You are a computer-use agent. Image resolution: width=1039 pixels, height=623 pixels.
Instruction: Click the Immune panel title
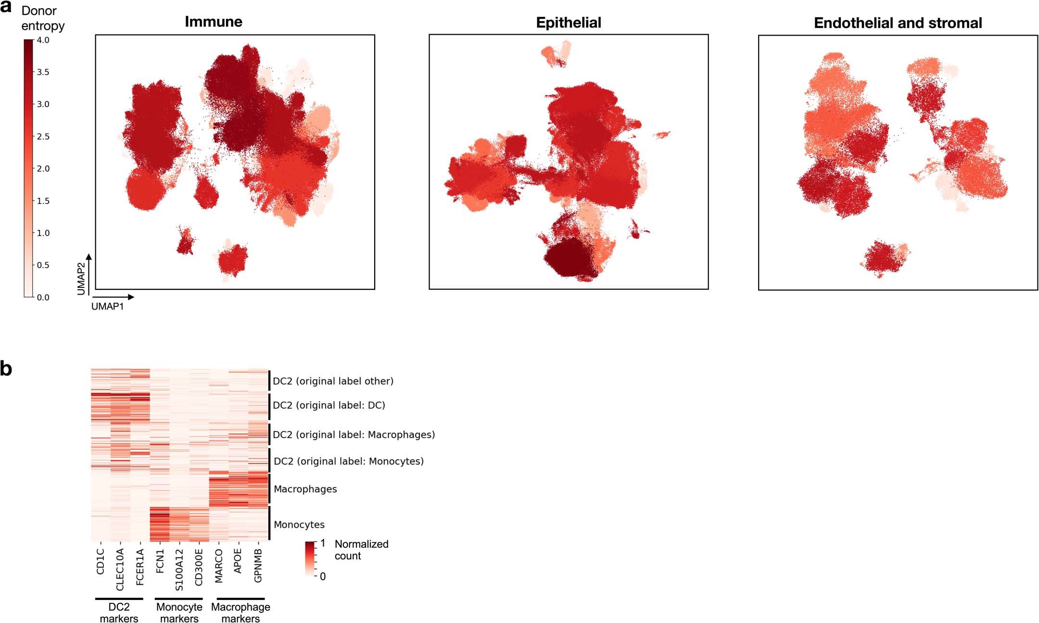click(x=213, y=22)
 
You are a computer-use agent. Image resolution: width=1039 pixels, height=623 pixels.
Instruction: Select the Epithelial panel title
click(x=568, y=23)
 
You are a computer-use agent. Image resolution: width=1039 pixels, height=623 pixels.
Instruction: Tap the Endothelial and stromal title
click(x=898, y=23)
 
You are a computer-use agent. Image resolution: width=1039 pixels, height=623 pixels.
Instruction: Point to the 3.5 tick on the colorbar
click(x=43, y=72)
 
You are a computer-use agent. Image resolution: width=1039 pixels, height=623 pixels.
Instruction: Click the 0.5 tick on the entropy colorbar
click(x=43, y=265)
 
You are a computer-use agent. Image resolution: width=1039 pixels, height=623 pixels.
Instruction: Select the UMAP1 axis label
click(x=107, y=307)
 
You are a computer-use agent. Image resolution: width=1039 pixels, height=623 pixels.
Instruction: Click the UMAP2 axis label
click(x=81, y=278)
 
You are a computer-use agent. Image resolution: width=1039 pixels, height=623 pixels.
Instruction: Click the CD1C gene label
click(x=101, y=561)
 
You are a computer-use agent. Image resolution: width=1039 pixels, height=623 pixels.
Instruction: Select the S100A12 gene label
click(x=179, y=570)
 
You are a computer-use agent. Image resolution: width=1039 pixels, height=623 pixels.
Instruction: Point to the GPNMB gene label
click(x=258, y=566)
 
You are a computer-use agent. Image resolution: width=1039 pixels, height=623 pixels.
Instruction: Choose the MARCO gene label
click(x=219, y=566)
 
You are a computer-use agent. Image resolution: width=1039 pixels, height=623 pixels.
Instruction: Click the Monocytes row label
click(x=299, y=525)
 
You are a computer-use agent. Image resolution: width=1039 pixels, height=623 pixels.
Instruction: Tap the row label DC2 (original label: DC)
click(x=329, y=405)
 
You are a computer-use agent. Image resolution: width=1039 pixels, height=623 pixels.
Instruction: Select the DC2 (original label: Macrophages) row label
click(x=354, y=435)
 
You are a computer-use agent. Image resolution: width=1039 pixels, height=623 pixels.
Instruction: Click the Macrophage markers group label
click(x=241, y=612)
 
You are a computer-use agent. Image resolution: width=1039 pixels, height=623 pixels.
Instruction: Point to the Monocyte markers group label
click(x=179, y=612)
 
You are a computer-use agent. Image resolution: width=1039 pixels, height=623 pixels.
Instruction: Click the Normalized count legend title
click(x=361, y=550)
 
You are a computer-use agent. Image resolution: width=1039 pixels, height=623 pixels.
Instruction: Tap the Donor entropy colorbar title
click(x=42, y=18)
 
